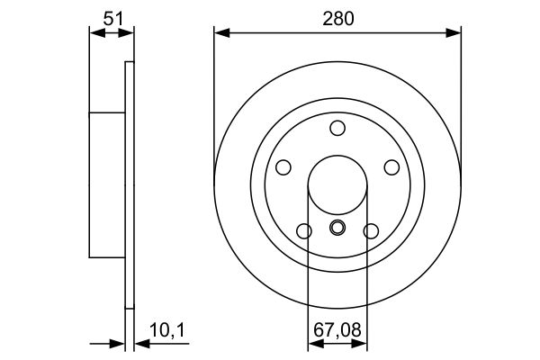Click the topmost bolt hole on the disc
click(337, 128)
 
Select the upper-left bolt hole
click(283, 167)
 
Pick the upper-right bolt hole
click(391, 167)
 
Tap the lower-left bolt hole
click(304, 230)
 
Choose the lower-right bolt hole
click(371, 230)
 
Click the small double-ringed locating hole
click(337, 228)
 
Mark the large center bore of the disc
click(337, 184)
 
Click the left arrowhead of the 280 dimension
click(220, 33)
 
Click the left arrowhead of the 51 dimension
click(94, 33)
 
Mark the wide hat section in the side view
click(106, 184)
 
